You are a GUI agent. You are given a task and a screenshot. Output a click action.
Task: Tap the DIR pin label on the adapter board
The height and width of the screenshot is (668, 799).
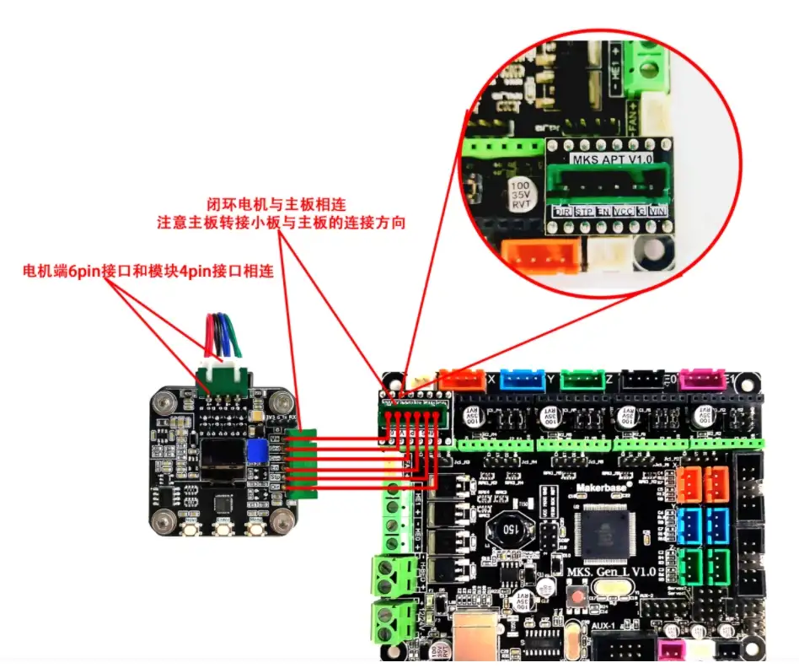pos(560,213)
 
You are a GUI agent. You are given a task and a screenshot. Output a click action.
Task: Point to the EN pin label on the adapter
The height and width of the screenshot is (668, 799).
pos(602,212)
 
